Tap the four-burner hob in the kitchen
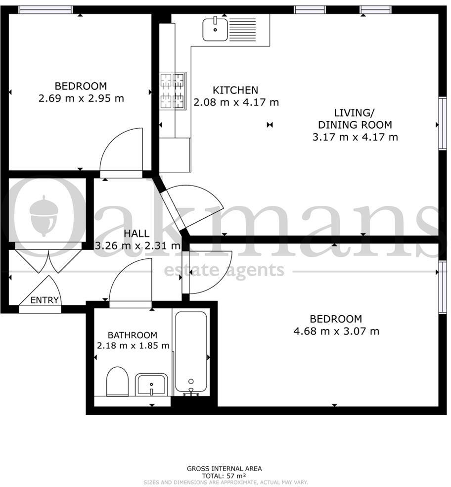coord(173,91)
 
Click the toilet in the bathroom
coord(117,381)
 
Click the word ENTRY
coord(45,300)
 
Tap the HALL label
coord(136,234)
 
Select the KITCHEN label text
coord(235,90)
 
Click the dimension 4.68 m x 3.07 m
coord(336,331)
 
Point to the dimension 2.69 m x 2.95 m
coord(81,98)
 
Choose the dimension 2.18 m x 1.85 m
coord(133,345)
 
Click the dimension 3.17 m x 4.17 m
coord(355,137)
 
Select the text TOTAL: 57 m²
coord(224,475)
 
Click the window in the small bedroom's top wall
coord(45,9)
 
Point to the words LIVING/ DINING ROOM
coord(355,119)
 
